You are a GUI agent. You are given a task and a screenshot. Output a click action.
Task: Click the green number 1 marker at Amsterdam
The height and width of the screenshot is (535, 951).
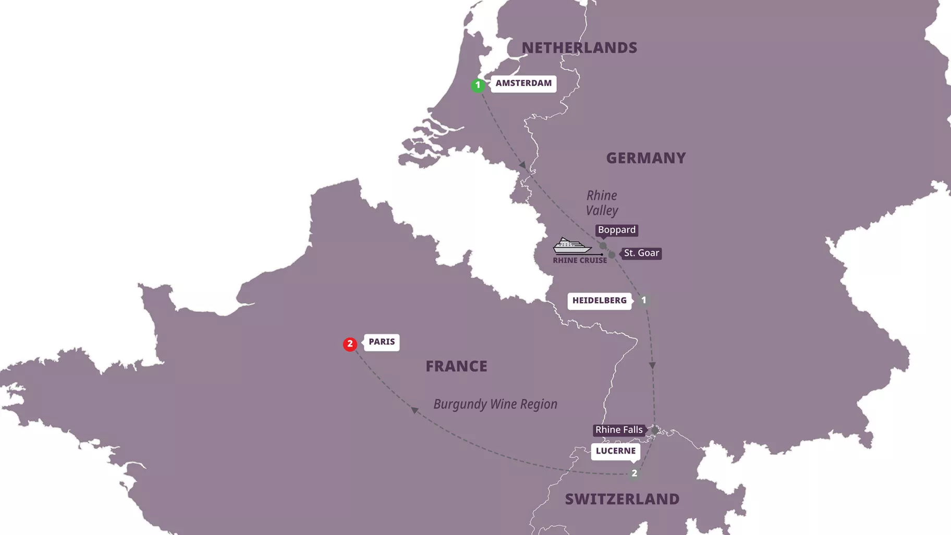[478, 85]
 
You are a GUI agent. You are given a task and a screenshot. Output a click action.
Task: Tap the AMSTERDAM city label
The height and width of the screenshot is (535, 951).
[523, 83]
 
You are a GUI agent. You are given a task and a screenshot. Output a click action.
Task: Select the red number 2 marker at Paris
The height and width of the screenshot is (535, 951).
[350, 344]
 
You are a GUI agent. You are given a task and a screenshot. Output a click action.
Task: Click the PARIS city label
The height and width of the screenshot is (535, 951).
[382, 342]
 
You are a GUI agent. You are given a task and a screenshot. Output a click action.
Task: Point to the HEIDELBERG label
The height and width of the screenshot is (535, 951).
[599, 301]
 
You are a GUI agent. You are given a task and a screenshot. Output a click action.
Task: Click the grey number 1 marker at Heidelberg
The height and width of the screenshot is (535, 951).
[643, 300]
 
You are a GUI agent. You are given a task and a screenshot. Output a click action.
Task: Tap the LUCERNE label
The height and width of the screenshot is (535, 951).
[615, 451]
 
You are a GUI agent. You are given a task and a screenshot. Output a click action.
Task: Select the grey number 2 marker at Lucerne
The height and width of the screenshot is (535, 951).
[634, 473]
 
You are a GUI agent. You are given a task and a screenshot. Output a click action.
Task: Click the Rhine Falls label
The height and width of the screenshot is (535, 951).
[619, 430]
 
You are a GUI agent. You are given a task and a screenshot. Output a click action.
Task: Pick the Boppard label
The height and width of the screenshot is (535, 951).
[616, 230]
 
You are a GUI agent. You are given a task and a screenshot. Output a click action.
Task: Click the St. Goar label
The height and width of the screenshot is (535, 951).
[641, 253]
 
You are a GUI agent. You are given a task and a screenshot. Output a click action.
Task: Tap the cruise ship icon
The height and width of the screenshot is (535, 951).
[572, 246]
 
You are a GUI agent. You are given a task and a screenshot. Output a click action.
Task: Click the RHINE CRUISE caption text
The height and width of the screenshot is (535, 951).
[579, 261]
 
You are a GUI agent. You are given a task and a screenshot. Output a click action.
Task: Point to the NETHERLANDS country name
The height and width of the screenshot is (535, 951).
[579, 48]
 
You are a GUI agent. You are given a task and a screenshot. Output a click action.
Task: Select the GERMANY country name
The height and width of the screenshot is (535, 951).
[645, 158]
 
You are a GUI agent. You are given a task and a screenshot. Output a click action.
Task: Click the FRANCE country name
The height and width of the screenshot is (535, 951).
[456, 366]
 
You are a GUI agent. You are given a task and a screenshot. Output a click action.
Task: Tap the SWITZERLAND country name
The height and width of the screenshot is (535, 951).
[622, 499]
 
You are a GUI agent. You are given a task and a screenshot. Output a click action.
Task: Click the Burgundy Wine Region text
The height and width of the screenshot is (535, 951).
[495, 404]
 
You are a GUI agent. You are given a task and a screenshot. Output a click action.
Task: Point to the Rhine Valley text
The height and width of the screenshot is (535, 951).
[602, 203]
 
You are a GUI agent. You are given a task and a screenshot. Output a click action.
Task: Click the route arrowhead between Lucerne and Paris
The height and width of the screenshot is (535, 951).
[414, 410]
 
